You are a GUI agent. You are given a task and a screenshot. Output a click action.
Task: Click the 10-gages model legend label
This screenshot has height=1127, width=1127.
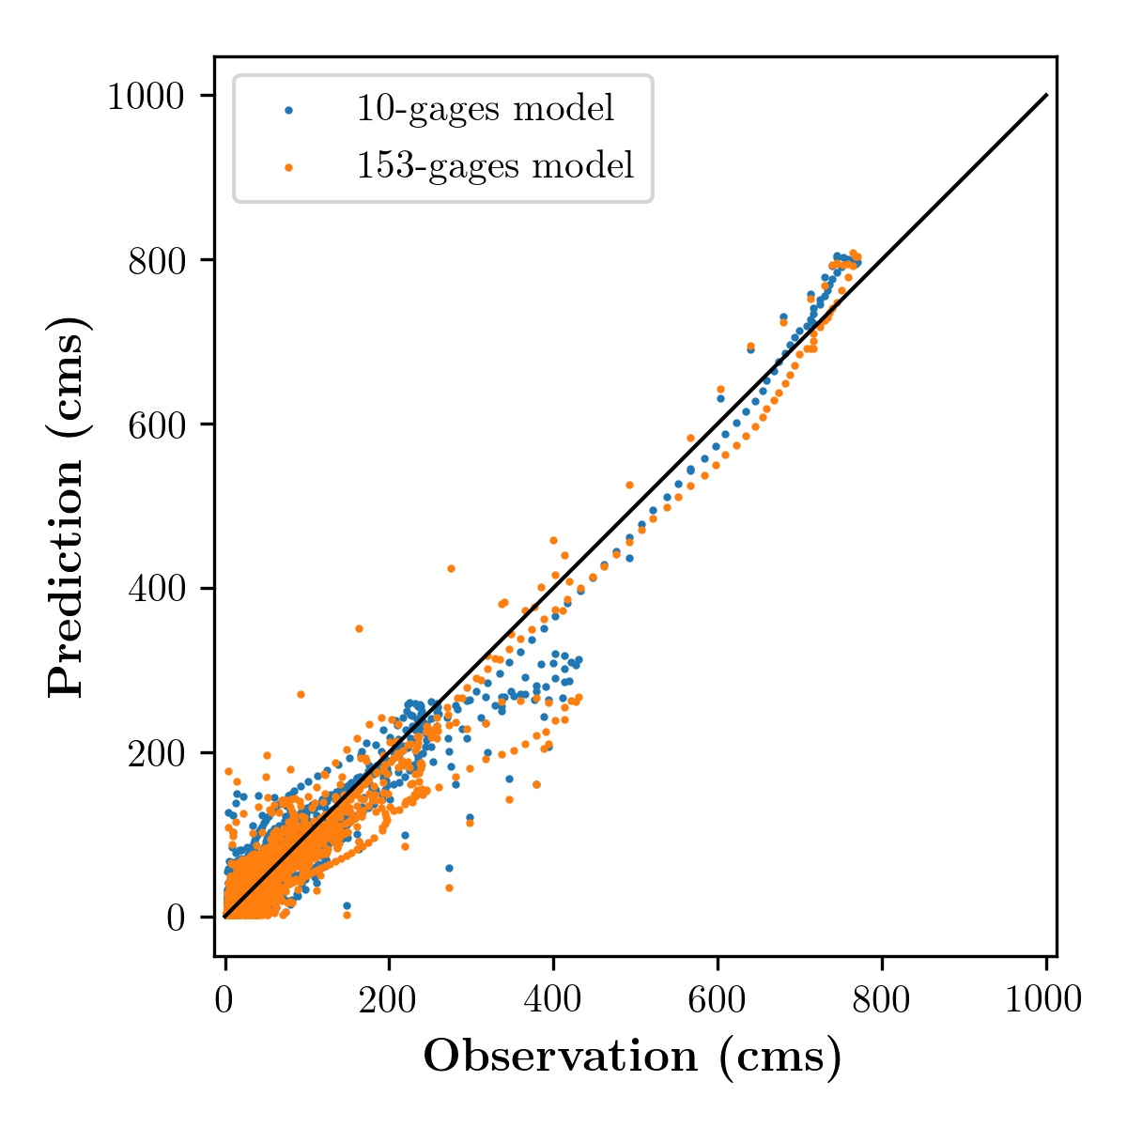485,109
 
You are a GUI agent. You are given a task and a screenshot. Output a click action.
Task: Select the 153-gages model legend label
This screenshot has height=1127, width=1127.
495,166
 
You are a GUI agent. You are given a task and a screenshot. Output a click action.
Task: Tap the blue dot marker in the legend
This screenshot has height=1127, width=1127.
288,110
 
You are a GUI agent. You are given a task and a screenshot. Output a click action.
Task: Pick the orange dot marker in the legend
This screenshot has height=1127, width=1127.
288,168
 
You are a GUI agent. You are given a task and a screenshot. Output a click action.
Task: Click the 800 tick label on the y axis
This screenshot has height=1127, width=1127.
156,261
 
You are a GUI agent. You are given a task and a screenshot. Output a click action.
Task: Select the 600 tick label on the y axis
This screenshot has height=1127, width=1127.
156,425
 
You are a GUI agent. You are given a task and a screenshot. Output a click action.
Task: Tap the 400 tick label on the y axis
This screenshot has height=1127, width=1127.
156,589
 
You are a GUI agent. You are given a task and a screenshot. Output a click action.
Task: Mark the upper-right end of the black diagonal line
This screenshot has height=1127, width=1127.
1047,95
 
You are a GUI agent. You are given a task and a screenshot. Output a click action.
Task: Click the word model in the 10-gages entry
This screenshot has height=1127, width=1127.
563,108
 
